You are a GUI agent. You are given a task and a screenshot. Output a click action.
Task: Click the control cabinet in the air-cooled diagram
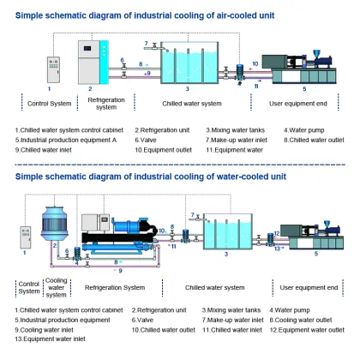(49, 66)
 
